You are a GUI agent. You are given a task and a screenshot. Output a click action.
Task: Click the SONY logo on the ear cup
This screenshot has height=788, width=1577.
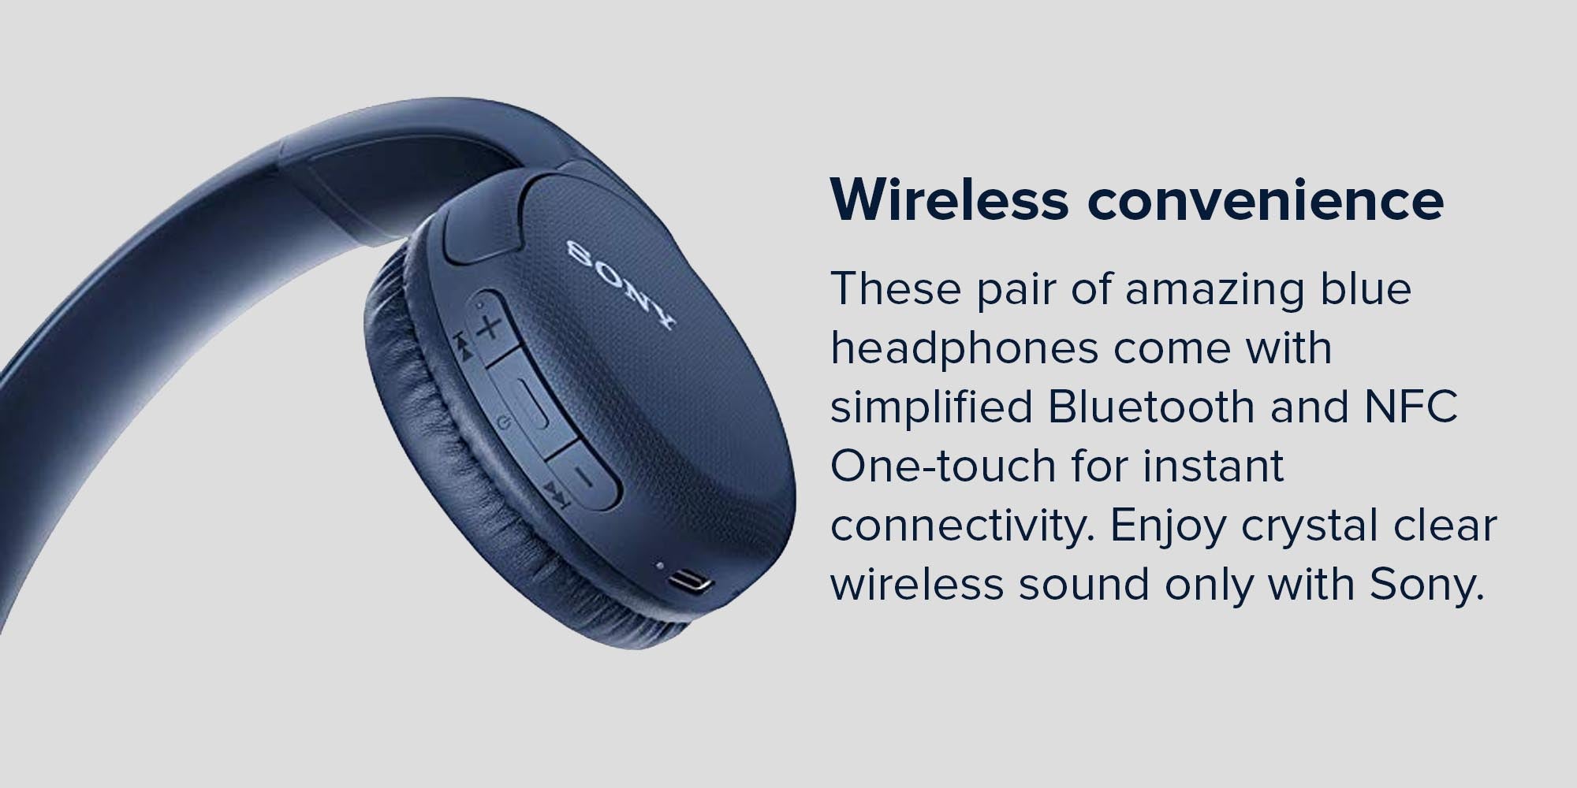pos(621,284)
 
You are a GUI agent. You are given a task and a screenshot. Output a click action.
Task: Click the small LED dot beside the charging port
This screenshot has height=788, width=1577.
pos(659,565)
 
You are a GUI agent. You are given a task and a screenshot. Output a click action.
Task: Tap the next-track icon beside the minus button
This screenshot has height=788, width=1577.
pos(556,495)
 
